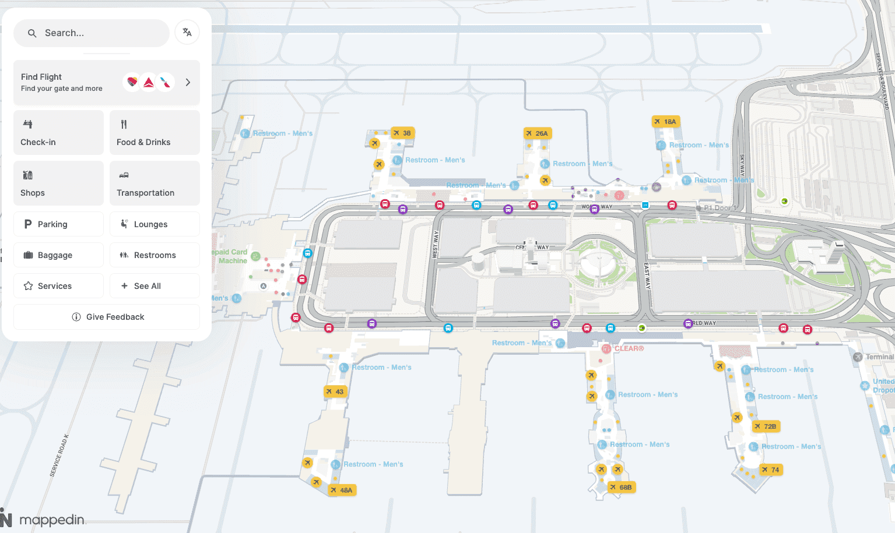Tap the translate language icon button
coord(187,33)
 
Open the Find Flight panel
coord(107,83)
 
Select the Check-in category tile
coord(58,133)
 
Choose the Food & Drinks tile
coord(155,133)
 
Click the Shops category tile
coord(58,183)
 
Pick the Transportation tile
coord(155,183)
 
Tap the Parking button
coord(58,224)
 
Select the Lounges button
coord(155,224)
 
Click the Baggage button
coord(58,255)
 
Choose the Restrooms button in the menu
coord(155,255)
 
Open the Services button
coord(58,286)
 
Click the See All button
coord(155,286)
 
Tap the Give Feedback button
coord(107,317)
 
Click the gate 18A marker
coord(665,122)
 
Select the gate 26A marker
coord(537,133)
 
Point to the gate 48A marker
coord(341,490)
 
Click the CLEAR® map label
coord(629,348)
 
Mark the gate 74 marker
coord(770,470)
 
